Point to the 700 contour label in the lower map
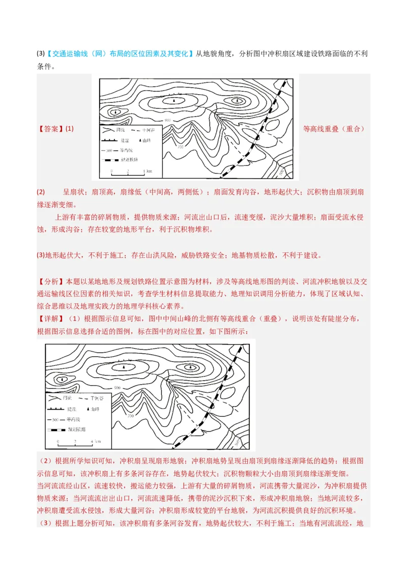tap(131, 416)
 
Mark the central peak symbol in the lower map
tap(123, 368)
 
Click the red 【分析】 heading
tap(50, 281)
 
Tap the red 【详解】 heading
tap(50, 319)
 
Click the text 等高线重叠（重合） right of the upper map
tap(334, 129)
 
